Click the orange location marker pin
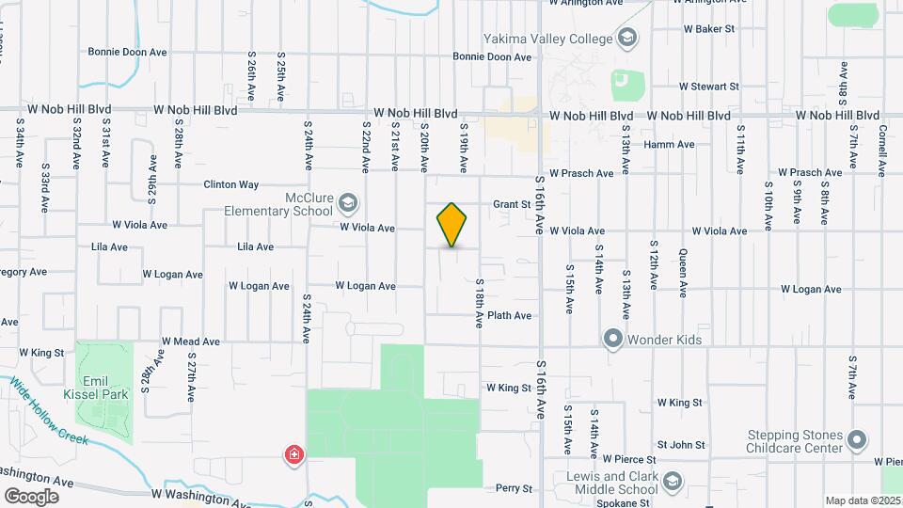coord(452,225)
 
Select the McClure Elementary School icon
coord(348,202)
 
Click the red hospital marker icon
coord(295,455)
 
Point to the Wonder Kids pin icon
coord(613,338)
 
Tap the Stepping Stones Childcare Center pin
coord(856,440)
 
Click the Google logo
coord(31,496)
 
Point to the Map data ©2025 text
coord(863,500)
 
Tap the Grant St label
coord(513,204)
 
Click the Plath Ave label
coord(510,316)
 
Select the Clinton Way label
coord(230,185)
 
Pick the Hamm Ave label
coord(669,145)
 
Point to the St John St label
coord(681,444)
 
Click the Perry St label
coord(515,488)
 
